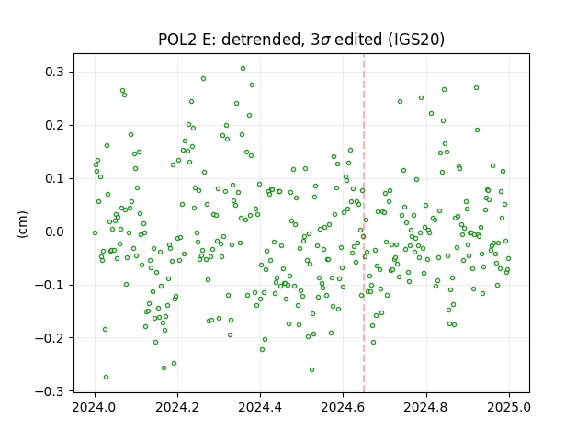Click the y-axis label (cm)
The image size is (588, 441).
pos(22,224)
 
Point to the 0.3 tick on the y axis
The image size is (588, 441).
pos(55,72)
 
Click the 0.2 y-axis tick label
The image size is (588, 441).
pos(55,125)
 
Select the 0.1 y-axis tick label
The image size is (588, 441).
pos(55,178)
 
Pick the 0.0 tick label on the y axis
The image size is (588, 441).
pos(55,232)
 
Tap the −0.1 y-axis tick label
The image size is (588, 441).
pos(51,285)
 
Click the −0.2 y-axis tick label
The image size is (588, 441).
pos(51,338)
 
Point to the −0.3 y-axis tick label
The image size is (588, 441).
pos(51,391)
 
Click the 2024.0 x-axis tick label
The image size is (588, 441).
pos(95,407)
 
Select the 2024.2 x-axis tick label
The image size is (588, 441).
pos(177,407)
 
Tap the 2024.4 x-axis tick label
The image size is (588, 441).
pos(260,407)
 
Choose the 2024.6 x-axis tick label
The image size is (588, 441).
pos(343,407)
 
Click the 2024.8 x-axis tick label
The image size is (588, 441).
pos(426,407)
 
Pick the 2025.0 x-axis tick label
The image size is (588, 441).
pos(509,407)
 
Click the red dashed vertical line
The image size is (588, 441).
pos(364,223)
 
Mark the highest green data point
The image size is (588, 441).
pos(243,69)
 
